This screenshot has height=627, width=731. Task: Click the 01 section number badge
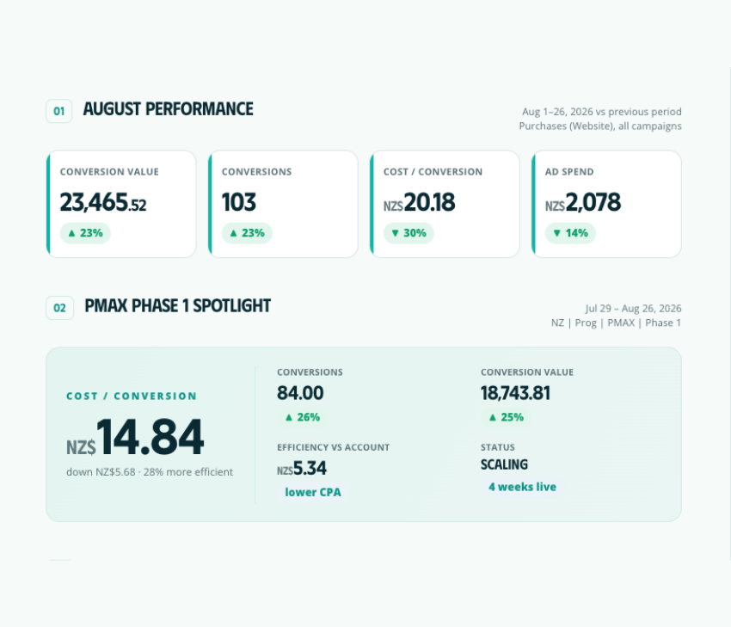58,111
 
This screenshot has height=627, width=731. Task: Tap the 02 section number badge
59,308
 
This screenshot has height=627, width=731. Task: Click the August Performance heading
169,109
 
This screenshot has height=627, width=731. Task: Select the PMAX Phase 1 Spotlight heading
178,306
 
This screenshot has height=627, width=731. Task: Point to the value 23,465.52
103,202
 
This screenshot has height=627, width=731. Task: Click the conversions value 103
239,202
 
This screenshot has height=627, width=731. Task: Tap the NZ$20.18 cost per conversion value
419,202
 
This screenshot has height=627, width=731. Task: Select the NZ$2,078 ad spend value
583,202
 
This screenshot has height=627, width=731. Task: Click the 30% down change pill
408,233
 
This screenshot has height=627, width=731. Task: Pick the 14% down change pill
571,233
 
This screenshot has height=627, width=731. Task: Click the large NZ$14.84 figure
135,437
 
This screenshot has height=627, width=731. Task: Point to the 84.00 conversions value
300,393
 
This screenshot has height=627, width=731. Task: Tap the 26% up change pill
303,417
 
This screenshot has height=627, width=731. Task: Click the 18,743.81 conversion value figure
516,393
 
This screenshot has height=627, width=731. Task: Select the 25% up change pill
507,417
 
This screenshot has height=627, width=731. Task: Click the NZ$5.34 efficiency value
302,468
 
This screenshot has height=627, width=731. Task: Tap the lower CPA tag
313,492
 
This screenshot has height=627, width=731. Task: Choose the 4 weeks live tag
522,487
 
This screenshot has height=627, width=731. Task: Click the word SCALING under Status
505,464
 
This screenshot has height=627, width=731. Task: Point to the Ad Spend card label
569,171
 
